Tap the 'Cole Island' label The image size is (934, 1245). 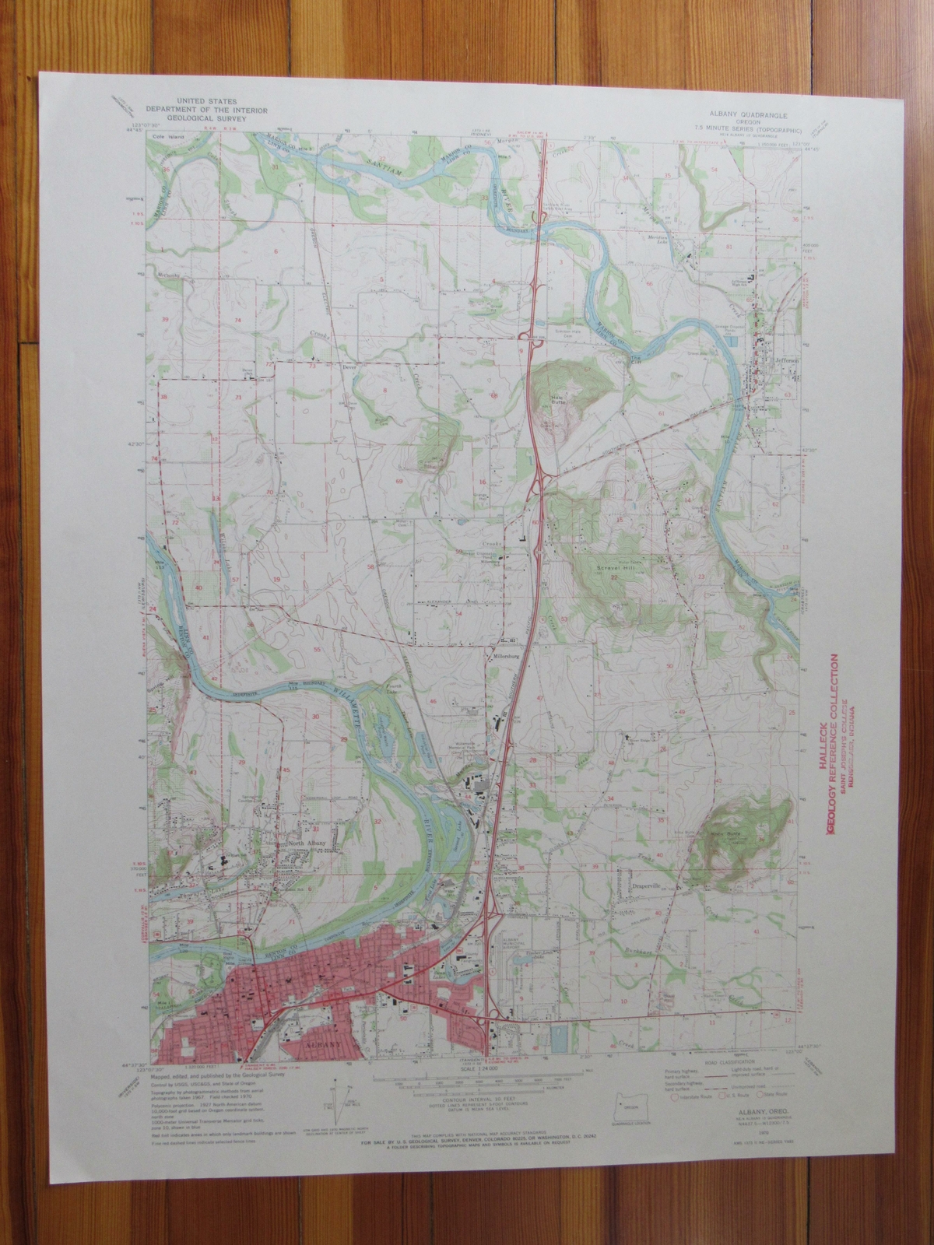pyautogui.click(x=165, y=136)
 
